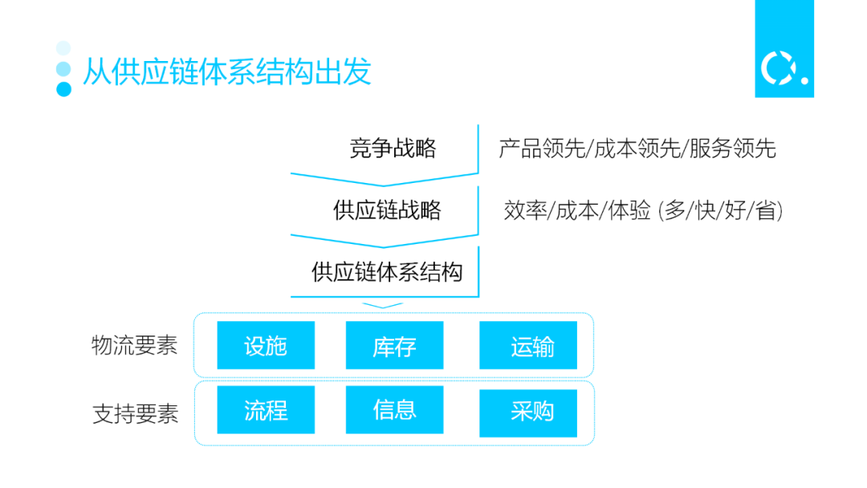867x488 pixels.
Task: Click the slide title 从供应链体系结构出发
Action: click(226, 72)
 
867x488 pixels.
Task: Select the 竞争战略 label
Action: click(393, 148)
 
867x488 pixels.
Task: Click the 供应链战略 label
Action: click(387, 210)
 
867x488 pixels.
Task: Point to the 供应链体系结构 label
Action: click(387, 272)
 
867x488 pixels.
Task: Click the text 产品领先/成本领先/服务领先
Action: click(637, 148)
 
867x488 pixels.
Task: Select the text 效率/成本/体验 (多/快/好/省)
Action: click(643, 211)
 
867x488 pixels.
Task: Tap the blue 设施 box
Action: click(266, 346)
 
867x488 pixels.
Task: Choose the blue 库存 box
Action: click(394, 346)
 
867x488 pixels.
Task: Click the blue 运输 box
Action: click(528, 346)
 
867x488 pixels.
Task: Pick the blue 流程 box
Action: click(266, 410)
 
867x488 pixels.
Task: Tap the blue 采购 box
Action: click(528, 413)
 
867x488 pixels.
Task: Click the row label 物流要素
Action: click(134, 346)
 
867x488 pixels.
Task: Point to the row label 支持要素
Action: click(135, 414)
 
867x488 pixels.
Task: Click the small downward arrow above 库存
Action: click(382, 305)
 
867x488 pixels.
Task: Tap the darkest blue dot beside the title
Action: click(64, 88)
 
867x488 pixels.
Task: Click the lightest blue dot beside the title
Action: click(63, 48)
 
